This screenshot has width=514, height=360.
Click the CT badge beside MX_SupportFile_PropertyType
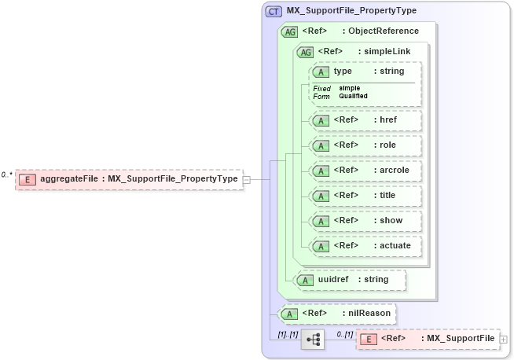coord(274,11)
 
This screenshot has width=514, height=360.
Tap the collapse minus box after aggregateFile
coord(246,179)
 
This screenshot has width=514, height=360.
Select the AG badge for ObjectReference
coord(290,31)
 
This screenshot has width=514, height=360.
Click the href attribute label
coord(387,120)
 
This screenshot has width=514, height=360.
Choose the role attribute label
coord(387,145)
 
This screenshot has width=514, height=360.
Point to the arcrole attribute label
coord(394,171)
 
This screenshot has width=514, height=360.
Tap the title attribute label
coord(387,196)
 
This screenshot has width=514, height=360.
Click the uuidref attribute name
coord(332,279)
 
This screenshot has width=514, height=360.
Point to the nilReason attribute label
coord(369,314)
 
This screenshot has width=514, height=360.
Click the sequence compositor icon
coord(312,339)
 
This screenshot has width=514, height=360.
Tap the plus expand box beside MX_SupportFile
coord(503,339)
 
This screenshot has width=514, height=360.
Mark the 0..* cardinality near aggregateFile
coord(7,174)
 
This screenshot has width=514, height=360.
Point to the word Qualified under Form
coord(353,96)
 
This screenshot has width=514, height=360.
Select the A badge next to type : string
coord(321,72)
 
